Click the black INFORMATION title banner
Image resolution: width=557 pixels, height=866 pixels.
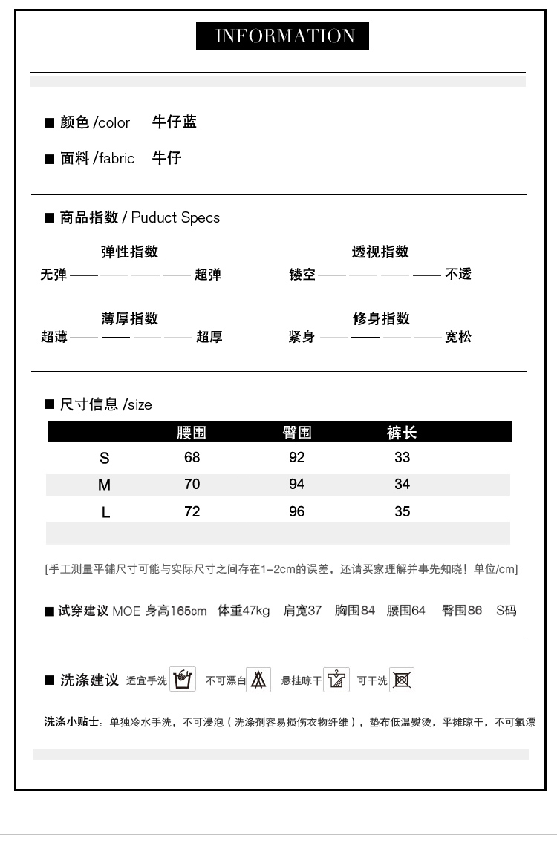(x=282, y=36)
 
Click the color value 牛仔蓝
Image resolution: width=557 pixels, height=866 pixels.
(x=175, y=122)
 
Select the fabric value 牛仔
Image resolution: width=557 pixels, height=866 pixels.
(x=167, y=158)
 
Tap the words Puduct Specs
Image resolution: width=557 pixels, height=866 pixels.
(x=176, y=217)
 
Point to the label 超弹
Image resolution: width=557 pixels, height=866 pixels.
(x=208, y=275)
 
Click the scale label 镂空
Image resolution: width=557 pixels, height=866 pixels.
(x=302, y=275)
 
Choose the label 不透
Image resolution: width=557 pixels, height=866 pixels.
(x=458, y=275)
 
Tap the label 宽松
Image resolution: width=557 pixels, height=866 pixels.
(x=458, y=337)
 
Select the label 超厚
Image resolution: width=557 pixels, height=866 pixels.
(x=209, y=338)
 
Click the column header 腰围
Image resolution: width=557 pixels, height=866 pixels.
(x=192, y=433)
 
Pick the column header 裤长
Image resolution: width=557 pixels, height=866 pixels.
(x=402, y=433)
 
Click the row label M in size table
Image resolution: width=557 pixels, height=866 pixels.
(x=104, y=485)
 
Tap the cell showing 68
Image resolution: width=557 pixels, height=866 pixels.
(x=192, y=458)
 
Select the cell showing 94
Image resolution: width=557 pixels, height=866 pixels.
(x=297, y=484)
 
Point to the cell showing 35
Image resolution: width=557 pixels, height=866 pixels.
(x=403, y=511)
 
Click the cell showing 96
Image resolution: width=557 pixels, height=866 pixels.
(x=297, y=511)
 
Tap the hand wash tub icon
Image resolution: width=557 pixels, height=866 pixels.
(x=183, y=679)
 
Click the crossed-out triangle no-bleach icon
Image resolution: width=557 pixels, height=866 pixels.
(x=258, y=680)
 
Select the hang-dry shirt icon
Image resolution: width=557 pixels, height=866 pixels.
(x=336, y=680)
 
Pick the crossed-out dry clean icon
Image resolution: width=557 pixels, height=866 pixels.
(x=402, y=680)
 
